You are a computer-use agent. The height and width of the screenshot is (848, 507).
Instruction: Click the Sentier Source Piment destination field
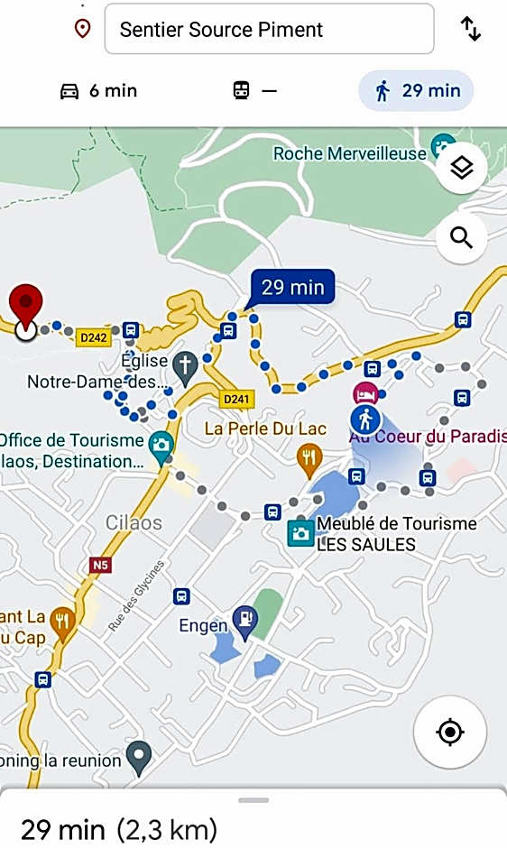tap(269, 29)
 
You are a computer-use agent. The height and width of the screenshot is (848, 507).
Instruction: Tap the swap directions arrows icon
tap(471, 29)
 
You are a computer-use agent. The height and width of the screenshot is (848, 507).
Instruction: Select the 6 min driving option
tap(98, 91)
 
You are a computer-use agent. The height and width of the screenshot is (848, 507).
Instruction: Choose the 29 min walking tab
tap(416, 91)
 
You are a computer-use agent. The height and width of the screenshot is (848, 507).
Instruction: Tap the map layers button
tap(462, 167)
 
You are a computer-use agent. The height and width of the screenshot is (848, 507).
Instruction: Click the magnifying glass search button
tap(462, 238)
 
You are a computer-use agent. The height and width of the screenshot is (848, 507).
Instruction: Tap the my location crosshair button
tap(450, 732)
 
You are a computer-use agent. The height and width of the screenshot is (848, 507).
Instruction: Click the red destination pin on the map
tap(26, 307)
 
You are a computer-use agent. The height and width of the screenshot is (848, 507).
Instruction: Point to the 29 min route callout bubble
tap(292, 288)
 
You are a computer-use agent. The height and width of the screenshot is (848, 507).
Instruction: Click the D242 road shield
tap(93, 337)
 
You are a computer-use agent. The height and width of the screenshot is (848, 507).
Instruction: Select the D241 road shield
tap(236, 398)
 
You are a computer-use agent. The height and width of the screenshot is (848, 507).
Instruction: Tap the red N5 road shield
tap(101, 566)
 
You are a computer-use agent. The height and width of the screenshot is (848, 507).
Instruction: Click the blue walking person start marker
tap(365, 419)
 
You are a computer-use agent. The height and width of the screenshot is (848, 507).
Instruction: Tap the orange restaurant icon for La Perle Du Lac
tap(309, 456)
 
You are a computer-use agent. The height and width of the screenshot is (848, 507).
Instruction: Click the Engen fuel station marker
tap(244, 619)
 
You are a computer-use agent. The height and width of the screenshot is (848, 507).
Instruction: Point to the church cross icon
tap(186, 365)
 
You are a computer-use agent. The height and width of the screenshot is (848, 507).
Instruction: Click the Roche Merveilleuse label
tap(349, 153)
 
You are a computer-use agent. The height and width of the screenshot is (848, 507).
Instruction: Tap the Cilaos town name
tap(134, 523)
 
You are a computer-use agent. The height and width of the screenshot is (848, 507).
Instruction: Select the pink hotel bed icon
tap(365, 393)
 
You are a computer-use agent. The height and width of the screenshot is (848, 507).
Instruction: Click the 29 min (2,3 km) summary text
tap(119, 828)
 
